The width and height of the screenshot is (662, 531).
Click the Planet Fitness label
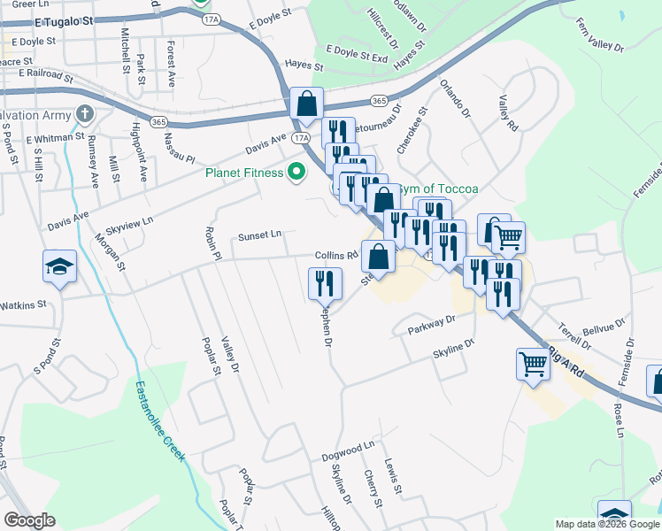click(244, 173)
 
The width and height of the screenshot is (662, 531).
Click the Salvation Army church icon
click(85, 114)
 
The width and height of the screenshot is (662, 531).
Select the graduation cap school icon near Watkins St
click(59, 266)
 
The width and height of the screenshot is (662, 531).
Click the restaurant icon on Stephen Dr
click(325, 283)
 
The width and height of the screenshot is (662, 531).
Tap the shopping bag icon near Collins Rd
click(378, 257)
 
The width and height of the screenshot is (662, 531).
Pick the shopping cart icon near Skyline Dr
click(533, 364)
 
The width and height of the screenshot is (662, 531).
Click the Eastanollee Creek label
click(160, 420)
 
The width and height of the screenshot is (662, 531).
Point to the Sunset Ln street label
click(259, 236)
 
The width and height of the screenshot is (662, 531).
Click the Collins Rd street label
click(336, 255)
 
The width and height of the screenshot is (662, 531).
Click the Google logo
click(30, 520)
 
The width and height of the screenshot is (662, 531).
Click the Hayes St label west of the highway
click(304, 65)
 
